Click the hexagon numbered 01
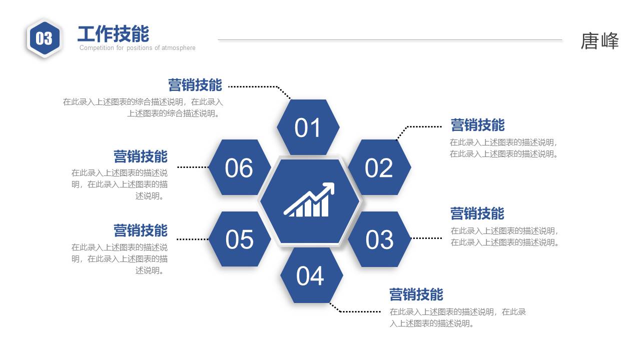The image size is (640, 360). tap(308, 127)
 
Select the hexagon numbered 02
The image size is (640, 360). tap(379, 167)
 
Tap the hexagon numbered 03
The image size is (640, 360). tap(379, 239)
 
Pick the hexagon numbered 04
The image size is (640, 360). tap(311, 275)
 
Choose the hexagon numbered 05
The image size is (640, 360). tap(239, 239)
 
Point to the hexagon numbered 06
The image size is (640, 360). tap(239, 167)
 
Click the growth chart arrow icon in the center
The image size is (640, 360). tap(309, 200)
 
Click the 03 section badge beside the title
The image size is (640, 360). tap(44, 38)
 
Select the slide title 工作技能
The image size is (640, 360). tap(113, 34)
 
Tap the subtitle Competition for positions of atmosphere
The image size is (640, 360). tap(137, 48)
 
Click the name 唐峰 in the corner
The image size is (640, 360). tap(599, 41)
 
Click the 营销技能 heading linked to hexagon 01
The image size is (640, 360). tap(195, 85)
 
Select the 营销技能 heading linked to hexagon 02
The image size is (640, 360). tap(477, 125)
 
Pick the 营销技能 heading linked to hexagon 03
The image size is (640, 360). tap(477, 213)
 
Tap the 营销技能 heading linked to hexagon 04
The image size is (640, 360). tap(416, 294)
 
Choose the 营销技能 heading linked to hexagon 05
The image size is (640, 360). tap(140, 230)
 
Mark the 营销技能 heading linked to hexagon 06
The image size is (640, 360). tap(140, 156)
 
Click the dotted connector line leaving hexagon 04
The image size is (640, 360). tap(358, 311)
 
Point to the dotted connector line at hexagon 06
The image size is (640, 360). tap(193, 167)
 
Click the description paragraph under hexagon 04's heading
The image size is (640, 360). tap(457, 317)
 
